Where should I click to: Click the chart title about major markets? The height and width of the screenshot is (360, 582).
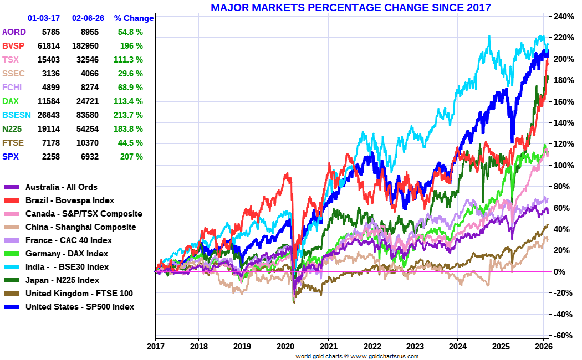[350, 7]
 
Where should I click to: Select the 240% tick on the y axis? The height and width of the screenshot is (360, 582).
[562, 17]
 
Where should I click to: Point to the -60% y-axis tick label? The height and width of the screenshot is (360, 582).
[562, 336]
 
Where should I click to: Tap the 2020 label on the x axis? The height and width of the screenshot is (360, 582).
[285, 347]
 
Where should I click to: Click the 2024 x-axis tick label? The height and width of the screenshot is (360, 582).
[457, 347]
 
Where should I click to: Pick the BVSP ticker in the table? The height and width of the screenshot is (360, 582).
[14, 46]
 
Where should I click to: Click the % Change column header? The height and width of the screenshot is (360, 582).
[134, 18]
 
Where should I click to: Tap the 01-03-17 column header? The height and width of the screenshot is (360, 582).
[44, 18]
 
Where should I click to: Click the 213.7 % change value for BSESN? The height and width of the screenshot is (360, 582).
[130, 115]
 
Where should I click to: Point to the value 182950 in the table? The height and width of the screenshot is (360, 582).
[85, 46]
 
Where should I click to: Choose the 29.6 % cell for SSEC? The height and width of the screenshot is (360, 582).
[130, 74]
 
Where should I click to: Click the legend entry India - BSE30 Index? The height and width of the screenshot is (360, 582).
[67, 267]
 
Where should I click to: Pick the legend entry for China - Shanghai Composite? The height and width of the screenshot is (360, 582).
[80, 227]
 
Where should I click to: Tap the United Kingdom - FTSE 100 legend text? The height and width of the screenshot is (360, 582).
[79, 294]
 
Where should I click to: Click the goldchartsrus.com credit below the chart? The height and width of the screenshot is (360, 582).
[357, 356]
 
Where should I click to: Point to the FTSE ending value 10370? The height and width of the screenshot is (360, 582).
[88, 143]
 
